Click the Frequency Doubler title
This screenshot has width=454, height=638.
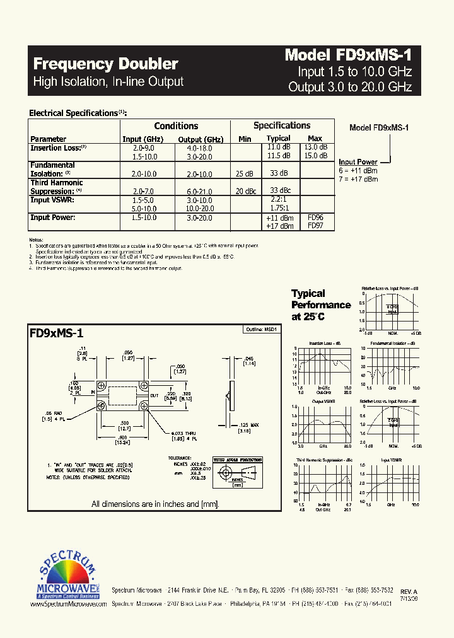coord(105,64)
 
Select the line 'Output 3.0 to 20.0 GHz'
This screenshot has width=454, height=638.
coord(350,87)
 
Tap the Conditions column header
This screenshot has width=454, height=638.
coord(176,126)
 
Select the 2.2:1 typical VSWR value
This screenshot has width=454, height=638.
coord(279,199)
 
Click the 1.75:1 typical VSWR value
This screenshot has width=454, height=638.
coord(279,207)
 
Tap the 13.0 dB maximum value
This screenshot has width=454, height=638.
coord(315,147)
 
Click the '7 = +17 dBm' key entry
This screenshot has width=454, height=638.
coord(358,179)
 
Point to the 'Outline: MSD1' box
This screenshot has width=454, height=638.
coord(260,330)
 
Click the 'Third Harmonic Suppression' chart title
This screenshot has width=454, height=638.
coord(324,461)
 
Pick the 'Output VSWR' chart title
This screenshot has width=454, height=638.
coord(324,401)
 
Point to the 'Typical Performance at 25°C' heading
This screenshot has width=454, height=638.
coord(320,304)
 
